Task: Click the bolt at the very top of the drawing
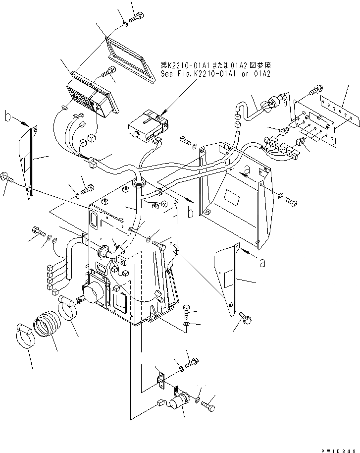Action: (137, 18)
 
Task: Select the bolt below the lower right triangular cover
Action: (244, 318)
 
